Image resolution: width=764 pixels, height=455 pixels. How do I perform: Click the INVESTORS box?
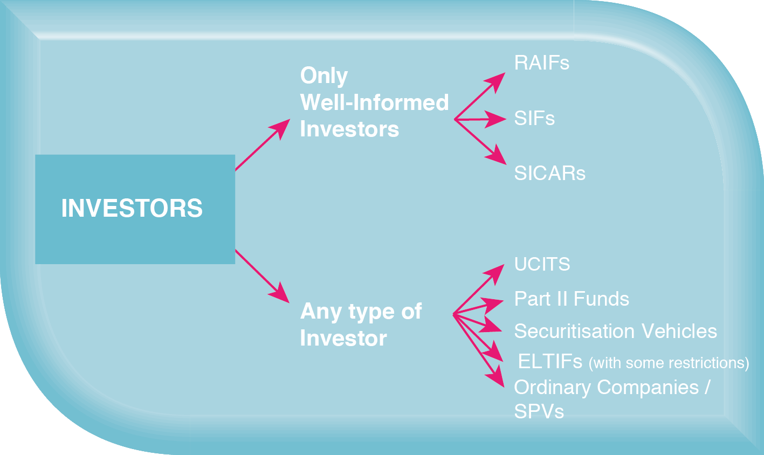pos(135,209)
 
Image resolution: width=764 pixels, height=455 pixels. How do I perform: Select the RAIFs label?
pos(542,63)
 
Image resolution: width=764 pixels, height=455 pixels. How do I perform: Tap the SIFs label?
pos(534,119)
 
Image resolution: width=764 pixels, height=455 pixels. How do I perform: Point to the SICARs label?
pos(549,173)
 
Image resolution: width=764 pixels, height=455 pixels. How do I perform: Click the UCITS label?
pos(542,264)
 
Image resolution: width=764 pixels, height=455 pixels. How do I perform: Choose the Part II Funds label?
pos(572,299)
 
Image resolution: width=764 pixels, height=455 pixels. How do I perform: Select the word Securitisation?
pos(574,331)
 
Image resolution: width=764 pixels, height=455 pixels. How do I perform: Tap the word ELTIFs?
pos(550,361)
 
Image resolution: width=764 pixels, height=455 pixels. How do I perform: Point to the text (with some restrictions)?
pos(669,363)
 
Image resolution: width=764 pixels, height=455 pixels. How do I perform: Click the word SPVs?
pos(539,411)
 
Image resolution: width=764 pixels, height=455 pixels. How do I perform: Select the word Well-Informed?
pos(374,102)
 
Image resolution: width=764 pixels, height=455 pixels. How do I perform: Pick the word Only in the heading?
pos(324,75)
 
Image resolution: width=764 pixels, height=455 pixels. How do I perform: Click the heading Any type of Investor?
pos(361,325)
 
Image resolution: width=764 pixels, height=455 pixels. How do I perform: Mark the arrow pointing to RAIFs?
pos(479,96)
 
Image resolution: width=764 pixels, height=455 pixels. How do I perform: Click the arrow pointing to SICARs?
pos(480,142)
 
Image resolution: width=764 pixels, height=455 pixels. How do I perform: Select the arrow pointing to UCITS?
pos(479,289)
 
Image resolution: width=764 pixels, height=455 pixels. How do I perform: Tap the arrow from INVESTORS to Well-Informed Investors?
pos(263,144)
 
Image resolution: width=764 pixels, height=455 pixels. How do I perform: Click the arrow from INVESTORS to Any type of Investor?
pos(262,276)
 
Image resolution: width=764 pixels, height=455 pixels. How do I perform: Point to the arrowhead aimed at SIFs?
pos(495,119)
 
